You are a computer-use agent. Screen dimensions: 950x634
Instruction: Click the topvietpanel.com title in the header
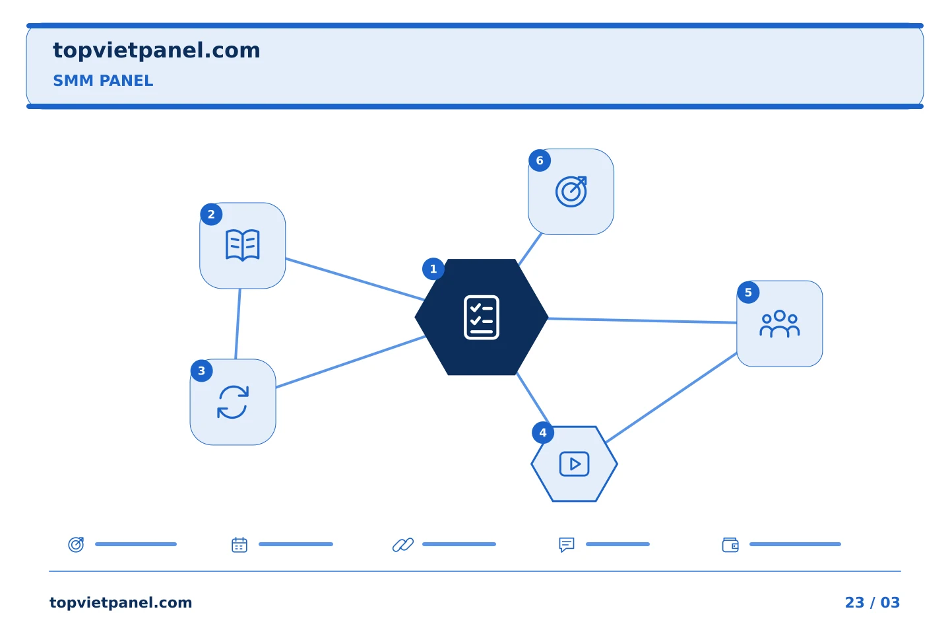tap(156, 51)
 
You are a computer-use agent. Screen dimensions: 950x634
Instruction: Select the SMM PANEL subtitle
tap(103, 81)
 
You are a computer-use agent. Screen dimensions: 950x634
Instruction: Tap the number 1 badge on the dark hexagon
tap(433, 269)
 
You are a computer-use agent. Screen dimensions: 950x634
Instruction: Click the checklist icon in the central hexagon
tap(482, 317)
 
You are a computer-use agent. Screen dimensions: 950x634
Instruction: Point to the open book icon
tap(242, 245)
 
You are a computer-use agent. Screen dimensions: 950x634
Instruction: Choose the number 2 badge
tap(211, 215)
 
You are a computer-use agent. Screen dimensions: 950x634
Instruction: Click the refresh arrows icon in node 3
tap(233, 402)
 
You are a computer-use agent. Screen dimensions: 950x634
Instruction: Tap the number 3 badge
tap(201, 370)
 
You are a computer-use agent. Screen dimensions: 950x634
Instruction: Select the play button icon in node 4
tap(574, 464)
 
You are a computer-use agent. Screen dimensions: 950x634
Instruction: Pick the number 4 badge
tap(543, 433)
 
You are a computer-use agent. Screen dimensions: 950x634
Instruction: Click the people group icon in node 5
tap(780, 324)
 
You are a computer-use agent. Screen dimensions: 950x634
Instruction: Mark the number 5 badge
tap(748, 293)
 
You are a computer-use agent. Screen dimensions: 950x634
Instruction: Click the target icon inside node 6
tap(571, 192)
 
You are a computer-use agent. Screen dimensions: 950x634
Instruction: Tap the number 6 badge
tap(540, 160)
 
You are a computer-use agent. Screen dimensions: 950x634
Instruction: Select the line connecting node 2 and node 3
tap(238, 324)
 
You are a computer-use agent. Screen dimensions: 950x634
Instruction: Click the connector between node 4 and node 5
tap(672, 398)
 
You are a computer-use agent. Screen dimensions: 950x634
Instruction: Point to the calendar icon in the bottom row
tap(239, 545)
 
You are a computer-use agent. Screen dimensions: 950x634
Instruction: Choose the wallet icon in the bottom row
tap(730, 545)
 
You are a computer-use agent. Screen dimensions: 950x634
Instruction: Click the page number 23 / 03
tap(872, 602)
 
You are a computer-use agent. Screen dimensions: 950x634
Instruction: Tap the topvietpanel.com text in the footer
tap(121, 602)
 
